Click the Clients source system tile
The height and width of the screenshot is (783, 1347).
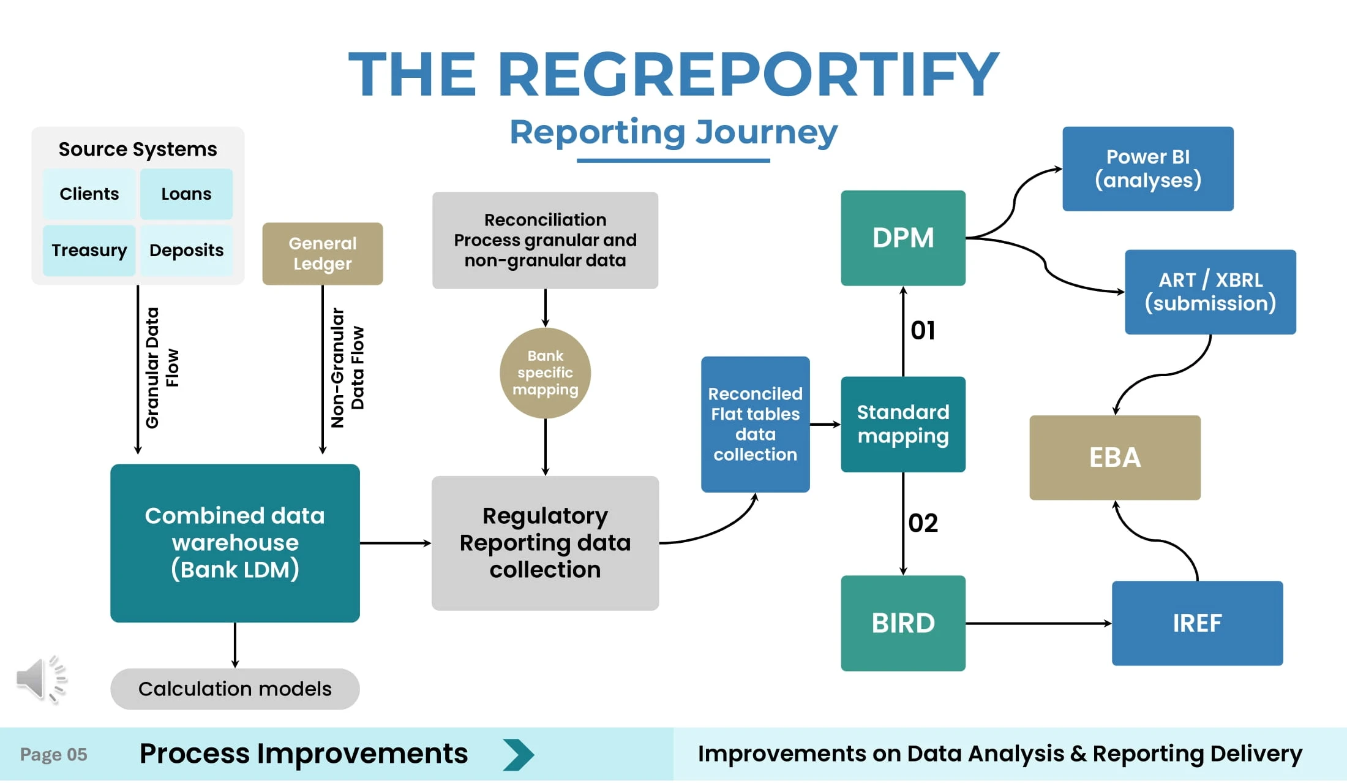click(x=89, y=194)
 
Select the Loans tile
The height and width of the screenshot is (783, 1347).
click(x=186, y=194)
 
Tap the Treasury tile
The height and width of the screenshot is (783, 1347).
click(x=89, y=250)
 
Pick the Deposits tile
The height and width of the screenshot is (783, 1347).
click(x=186, y=250)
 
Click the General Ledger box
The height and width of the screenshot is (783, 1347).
click(x=323, y=254)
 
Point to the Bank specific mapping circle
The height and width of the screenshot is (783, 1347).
click(x=545, y=373)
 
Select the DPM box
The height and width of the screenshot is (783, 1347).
click(x=903, y=238)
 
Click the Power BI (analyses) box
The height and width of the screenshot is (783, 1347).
click(x=1148, y=168)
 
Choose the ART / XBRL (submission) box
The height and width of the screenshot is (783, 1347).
click(x=1210, y=292)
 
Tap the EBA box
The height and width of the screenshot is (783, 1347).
click(x=1115, y=457)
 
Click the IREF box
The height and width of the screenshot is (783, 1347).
click(x=1197, y=623)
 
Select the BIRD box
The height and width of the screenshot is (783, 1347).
click(x=903, y=623)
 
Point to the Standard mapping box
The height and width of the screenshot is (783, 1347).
click(x=903, y=424)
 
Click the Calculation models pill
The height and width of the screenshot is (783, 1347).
click(x=235, y=689)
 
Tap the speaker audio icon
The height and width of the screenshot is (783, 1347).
click(x=40, y=679)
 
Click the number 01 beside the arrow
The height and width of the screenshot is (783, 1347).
click(x=923, y=331)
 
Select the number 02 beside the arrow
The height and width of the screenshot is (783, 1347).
click(x=923, y=523)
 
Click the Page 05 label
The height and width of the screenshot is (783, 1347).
click(x=54, y=754)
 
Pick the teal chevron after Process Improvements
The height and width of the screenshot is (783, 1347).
click(x=518, y=754)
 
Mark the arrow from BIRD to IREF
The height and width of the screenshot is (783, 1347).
click(x=1038, y=623)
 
